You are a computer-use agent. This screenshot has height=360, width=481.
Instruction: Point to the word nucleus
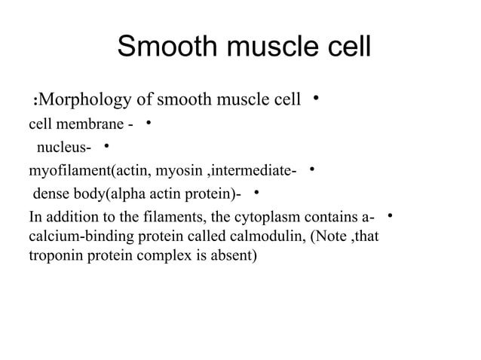[62, 146]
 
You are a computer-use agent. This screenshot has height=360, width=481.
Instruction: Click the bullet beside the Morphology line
[317, 97]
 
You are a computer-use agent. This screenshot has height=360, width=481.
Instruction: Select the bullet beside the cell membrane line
[149, 121]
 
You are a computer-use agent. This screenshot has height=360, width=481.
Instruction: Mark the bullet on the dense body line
[256, 193]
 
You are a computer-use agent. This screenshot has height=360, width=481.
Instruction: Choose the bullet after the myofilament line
[312, 169]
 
